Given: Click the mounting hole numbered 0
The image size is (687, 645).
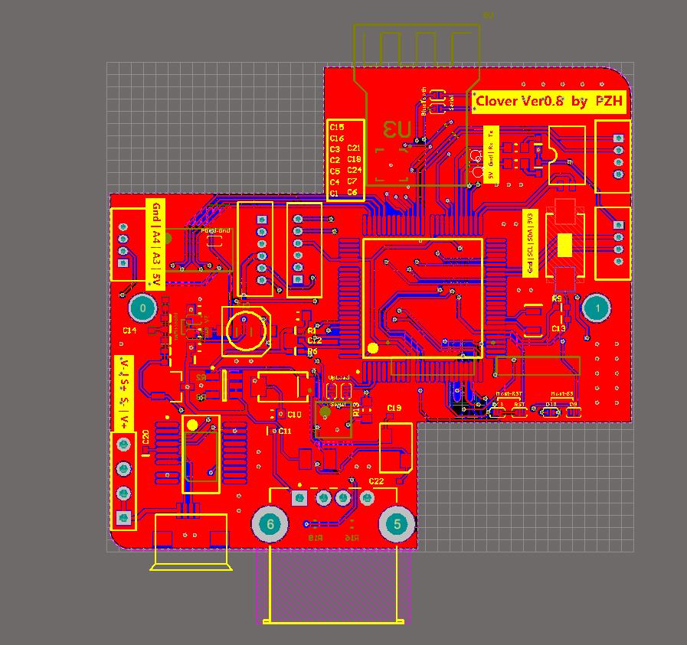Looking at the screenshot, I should click(142, 309).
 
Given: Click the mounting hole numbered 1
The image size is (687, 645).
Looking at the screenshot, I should click(597, 308).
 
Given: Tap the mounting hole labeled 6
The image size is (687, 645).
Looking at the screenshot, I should click(270, 524).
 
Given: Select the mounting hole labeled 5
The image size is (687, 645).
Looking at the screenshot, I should click(397, 524).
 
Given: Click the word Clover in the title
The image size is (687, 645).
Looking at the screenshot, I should click(498, 101).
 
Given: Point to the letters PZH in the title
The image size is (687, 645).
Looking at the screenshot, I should click(609, 101).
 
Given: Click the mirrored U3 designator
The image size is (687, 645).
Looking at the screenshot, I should click(397, 129).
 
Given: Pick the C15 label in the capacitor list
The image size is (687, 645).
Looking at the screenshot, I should click(336, 126).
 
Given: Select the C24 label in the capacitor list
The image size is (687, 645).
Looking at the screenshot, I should click(354, 170).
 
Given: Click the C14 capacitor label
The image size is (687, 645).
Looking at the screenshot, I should click(129, 331).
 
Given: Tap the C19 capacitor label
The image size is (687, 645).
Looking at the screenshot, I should click(394, 408).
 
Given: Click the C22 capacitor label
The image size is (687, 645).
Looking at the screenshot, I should click(376, 481).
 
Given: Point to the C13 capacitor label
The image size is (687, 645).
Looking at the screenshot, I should click(558, 328).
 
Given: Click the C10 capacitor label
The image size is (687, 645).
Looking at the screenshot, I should click(294, 414).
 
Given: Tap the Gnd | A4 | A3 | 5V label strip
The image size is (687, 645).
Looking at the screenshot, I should click(155, 243).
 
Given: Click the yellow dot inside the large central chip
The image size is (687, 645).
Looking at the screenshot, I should click(373, 348).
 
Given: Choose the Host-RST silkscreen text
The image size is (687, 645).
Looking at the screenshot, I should click(509, 393).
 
